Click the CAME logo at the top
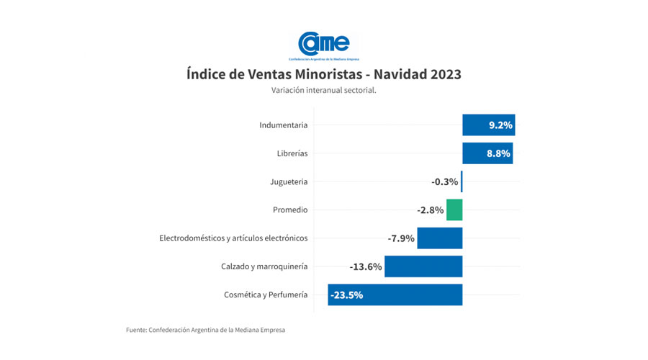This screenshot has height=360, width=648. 323,44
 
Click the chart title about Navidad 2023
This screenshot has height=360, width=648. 323,74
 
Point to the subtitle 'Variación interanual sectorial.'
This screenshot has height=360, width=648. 324,91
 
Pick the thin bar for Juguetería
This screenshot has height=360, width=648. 462,181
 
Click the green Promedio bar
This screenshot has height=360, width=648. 454,210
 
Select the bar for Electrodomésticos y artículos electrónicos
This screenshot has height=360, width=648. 440,238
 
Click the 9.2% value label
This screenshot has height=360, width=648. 500,125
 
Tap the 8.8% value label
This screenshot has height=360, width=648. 498,153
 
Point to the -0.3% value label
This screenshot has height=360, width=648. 444,181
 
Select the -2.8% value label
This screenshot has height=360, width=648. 430,210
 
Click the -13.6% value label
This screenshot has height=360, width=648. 366,266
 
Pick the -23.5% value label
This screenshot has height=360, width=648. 346,294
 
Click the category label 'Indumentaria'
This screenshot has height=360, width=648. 284,125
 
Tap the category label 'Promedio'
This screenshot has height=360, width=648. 290,210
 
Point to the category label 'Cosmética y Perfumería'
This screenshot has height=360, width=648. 266,294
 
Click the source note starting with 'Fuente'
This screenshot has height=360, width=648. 205,330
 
